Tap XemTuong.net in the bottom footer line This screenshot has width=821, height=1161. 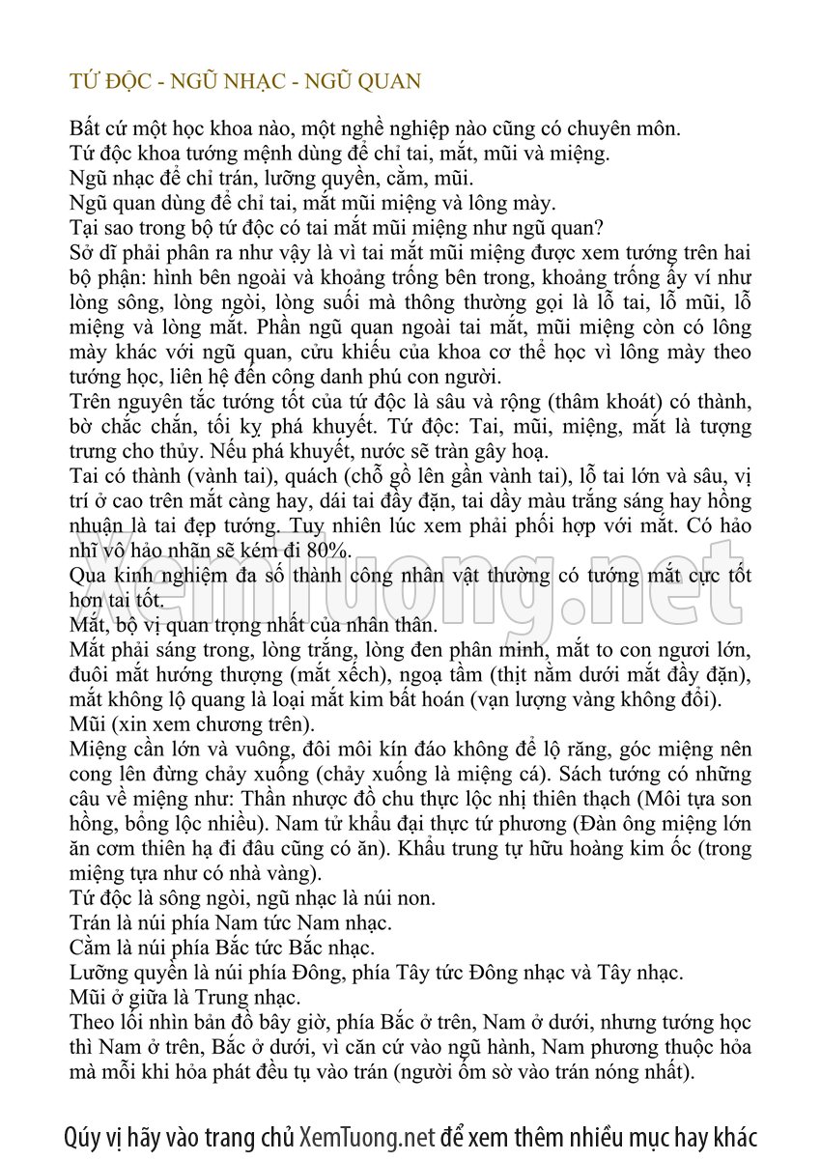tap(367, 1137)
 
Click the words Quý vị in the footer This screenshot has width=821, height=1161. tap(95, 1137)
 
